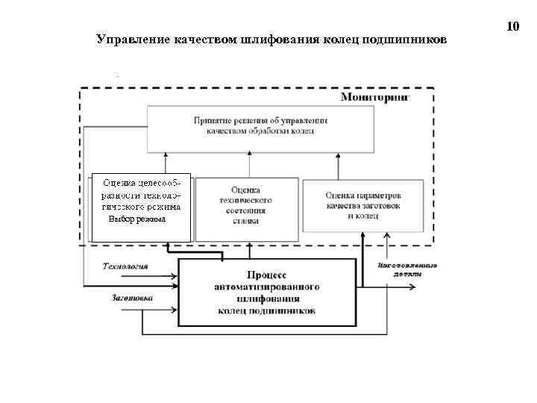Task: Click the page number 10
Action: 512,27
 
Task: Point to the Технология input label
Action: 125,266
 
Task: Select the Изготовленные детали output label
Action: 407,269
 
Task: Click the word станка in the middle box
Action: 246,222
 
